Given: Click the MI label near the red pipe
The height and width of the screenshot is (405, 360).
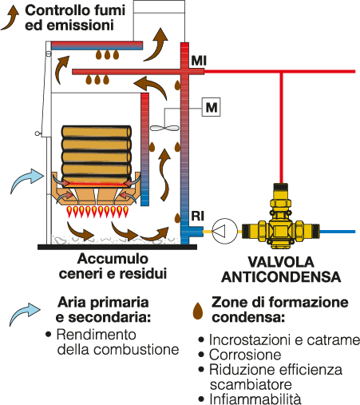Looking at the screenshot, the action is click(199, 61).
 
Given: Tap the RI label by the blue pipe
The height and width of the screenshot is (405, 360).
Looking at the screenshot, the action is click(198, 216).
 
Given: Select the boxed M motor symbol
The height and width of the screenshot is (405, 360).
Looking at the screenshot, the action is click(212, 107).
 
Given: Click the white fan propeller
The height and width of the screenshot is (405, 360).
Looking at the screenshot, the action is click(164, 128).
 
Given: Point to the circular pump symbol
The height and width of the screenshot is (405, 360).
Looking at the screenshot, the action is click(225, 231).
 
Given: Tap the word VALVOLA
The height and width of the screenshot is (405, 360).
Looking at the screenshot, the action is click(281, 262).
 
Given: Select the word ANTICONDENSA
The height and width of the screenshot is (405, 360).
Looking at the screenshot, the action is click(281, 277).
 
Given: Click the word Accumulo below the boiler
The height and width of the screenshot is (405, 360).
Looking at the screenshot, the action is click(113, 259).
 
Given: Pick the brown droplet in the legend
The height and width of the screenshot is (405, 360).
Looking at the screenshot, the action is click(198, 311).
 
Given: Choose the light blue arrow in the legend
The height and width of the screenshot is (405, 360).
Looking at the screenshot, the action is click(25, 313).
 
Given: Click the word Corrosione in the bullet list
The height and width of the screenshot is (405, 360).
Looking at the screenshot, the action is click(245, 355).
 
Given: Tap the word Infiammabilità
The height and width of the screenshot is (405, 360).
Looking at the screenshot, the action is click(255, 399).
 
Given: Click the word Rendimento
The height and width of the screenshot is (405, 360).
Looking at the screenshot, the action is click(97, 335).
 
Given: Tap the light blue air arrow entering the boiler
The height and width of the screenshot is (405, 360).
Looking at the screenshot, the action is click(26, 180).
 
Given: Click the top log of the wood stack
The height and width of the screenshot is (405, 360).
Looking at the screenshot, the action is click(97, 131).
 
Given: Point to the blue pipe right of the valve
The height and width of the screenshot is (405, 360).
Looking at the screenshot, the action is click(338, 232).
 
